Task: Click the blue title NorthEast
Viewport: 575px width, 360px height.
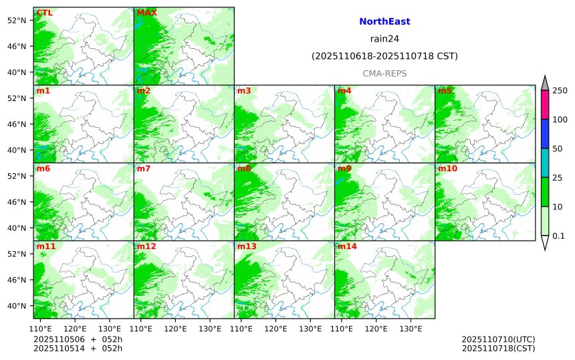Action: pyautogui.click(x=384, y=21)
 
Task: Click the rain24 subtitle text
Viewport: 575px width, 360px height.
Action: pyautogui.click(x=384, y=39)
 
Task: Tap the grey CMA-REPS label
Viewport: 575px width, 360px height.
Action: pyautogui.click(x=384, y=74)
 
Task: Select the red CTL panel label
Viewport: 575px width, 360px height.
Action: pyautogui.click(x=45, y=13)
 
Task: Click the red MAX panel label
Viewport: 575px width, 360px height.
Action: pyautogui.click(x=146, y=13)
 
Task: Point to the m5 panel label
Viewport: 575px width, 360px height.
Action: pyautogui.click(x=445, y=90)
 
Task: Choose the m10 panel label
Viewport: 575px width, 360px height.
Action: pyautogui.click(x=447, y=169)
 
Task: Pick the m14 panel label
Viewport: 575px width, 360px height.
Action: pyautogui.click(x=347, y=246)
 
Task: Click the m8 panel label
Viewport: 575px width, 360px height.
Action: pyautogui.click(x=244, y=169)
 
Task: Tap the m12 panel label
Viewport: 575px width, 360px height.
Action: pyautogui.click(x=146, y=246)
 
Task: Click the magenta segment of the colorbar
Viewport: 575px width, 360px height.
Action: pyautogui.click(x=544, y=105)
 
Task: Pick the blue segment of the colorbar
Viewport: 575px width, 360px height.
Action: pyautogui.click(x=544, y=134)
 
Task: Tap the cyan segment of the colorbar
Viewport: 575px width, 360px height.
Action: pyautogui.click(x=544, y=163)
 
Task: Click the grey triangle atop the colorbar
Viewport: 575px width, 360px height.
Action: pyautogui.click(x=544, y=83)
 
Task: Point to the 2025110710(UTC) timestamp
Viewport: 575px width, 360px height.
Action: pyautogui.click(x=498, y=339)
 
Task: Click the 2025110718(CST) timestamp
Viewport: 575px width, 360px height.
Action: pyautogui.click(x=498, y=348)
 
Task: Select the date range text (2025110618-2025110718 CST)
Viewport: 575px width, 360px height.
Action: pyautogui.click(x=384, y=56)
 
